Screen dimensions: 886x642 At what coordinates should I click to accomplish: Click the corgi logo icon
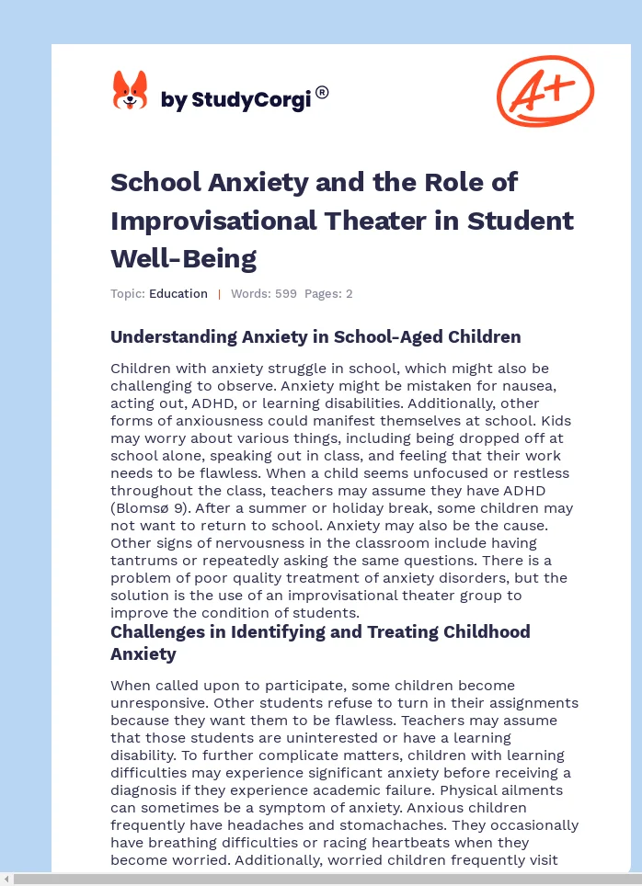130,91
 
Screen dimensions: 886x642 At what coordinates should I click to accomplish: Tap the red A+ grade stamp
545,90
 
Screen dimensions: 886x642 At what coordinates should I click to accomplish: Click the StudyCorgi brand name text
236,100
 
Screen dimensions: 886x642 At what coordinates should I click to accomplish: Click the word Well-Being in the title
183,258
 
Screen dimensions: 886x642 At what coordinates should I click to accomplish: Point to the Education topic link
178,294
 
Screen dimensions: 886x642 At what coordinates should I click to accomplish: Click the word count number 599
286,294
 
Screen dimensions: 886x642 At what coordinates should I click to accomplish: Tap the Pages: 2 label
328,294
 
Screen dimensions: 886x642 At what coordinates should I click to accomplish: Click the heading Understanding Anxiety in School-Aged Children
315,336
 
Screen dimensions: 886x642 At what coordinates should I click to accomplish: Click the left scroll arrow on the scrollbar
6,880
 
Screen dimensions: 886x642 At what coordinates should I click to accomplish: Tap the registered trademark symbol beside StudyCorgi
322,92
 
